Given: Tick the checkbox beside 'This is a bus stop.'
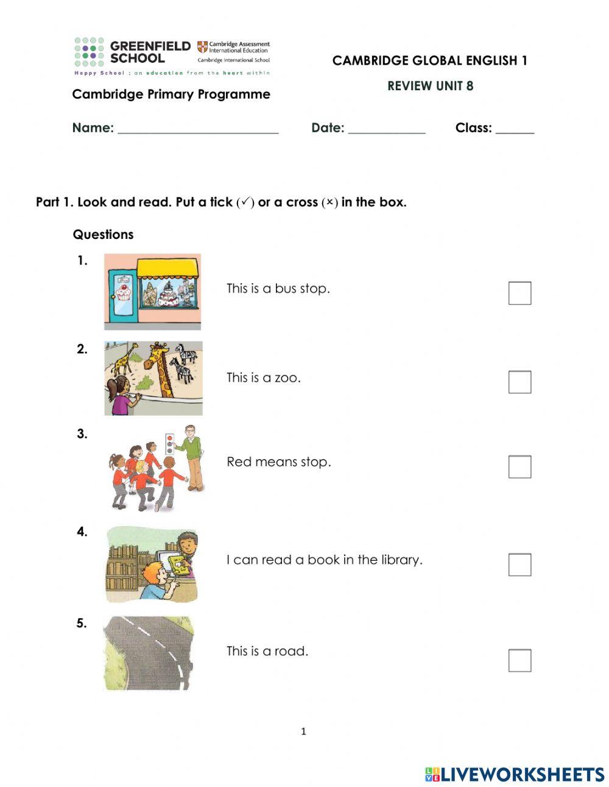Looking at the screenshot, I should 519,293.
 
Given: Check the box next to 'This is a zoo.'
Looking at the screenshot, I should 519,382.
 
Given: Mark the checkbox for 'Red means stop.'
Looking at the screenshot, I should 519,467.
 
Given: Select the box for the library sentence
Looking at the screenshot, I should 519,564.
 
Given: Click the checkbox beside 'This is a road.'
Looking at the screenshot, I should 519,660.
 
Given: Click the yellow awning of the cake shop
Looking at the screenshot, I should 167,268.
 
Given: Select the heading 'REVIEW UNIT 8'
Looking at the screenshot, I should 430,86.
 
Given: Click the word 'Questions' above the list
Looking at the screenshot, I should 103,235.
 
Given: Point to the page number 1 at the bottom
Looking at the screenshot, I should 303,732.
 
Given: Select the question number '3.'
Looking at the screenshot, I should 82,434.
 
